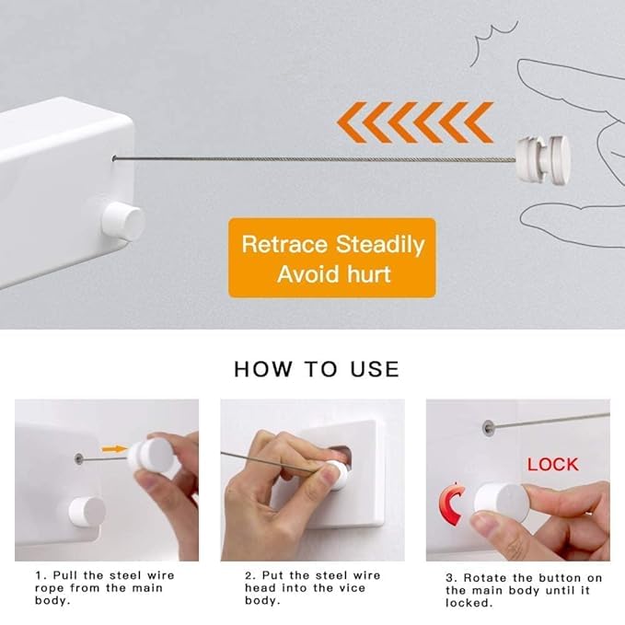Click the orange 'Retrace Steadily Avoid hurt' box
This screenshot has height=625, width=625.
[x=331, y=258]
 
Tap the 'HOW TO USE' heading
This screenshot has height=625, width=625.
[x=317, y=369]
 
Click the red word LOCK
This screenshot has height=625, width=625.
[x=553, y=465]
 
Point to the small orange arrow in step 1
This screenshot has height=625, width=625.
[x=114, y=449]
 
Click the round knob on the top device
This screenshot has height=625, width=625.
[x=123, y=222]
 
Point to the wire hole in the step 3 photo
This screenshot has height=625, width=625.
[x=488, y=427]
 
